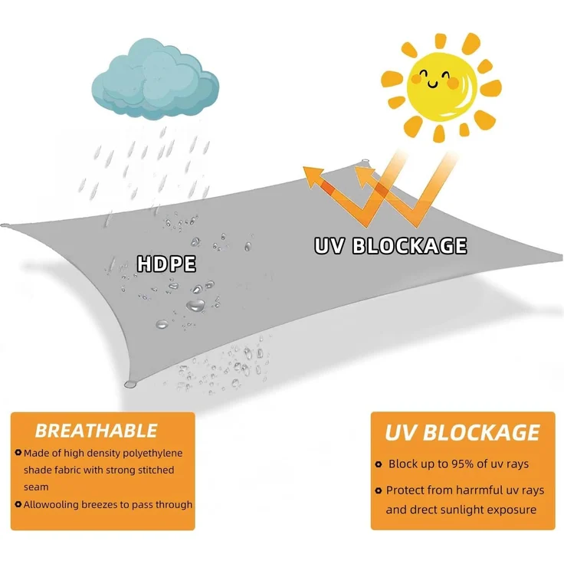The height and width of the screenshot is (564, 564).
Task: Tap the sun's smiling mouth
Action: (433, 84)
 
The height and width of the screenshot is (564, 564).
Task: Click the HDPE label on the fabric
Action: (166, 264)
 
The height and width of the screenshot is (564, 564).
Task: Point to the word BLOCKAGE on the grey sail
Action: (409, 246)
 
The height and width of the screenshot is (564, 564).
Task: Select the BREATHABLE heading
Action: (96, 431)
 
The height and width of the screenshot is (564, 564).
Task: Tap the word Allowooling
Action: (51, 505)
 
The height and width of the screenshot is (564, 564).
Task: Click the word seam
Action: (36, 487)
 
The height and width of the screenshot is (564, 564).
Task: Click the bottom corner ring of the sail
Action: (130, 384)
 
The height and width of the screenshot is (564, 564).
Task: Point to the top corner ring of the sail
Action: (366, 161)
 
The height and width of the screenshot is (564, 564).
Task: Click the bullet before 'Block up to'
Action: (378, 464)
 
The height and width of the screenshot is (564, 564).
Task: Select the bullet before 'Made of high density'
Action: (18, 452)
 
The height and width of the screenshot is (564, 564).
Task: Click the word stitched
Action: (156, 470)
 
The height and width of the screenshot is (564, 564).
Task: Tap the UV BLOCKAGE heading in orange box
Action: (462, 432)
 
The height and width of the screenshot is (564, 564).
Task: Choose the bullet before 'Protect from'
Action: (378, 490)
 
